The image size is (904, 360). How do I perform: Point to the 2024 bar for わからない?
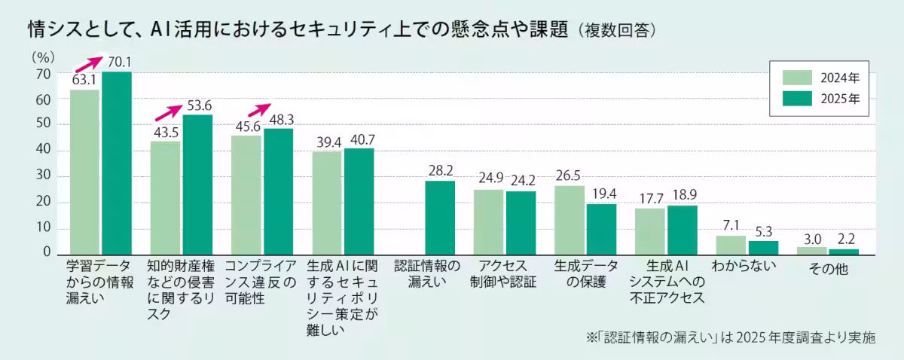pos(731,245)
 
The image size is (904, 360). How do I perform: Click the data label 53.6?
pos(199,105)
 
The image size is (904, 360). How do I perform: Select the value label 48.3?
pos(279,119)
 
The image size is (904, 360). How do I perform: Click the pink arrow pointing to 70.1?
pos(87,65)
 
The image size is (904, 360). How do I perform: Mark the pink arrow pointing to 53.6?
pos(168,112)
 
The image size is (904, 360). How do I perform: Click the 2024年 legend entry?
pos(820,78)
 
